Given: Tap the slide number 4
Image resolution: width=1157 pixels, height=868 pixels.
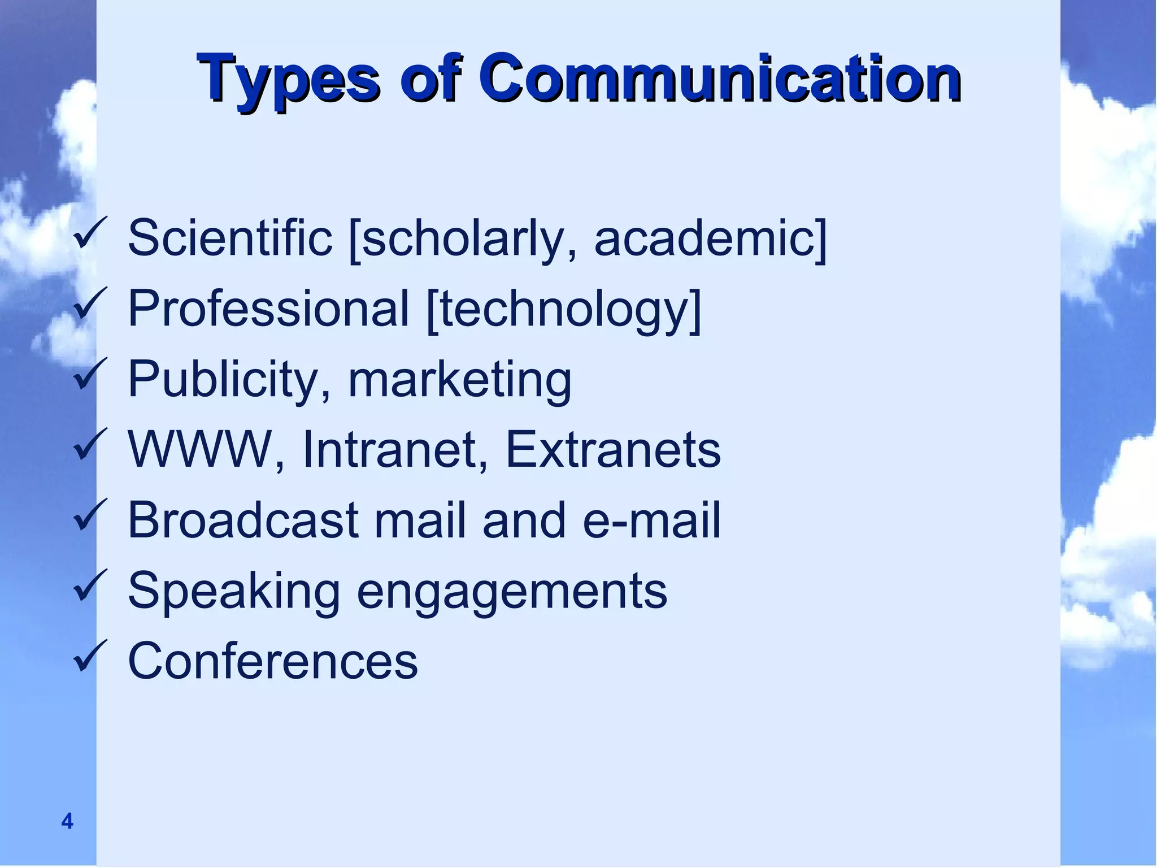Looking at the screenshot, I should (x=67, y=821).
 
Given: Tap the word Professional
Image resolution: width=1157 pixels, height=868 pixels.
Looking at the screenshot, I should (x=268, y=308).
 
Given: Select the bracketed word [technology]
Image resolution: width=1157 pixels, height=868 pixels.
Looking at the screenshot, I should (x=564, y=309).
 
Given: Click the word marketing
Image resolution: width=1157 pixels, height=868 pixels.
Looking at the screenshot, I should (x=459, y=380).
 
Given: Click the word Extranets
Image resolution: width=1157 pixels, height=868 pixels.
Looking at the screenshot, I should (x=613, y=449).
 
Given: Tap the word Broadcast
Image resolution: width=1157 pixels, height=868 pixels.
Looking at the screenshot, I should (x=243, y=520).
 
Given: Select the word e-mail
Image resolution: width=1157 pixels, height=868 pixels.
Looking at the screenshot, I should (x=651, y=520).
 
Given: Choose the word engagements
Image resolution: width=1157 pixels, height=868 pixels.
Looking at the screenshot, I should (x=512, y=592).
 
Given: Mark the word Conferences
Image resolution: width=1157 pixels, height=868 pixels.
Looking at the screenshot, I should (x=273, y=661).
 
